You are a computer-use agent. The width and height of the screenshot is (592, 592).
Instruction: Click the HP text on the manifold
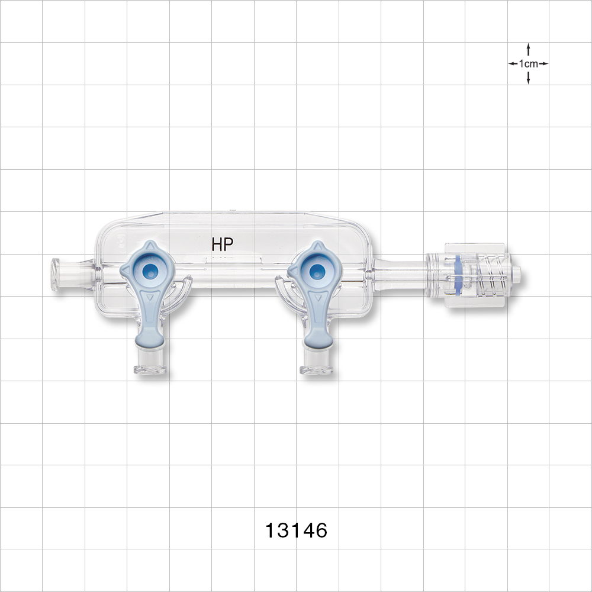[x=223, y=243]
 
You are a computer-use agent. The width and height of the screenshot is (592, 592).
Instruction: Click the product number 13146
[x=296, y=530]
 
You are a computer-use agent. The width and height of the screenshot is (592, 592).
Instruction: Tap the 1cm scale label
[x=528, y=63]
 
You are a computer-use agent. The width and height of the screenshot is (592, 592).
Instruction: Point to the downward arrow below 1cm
[x=528, y=79]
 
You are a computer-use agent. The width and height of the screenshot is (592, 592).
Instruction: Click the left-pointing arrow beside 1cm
[x=513, y=63]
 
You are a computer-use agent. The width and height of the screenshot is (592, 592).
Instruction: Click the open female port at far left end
[x=56, y=274]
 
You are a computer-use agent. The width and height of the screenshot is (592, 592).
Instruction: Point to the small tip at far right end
[x=517, y=274]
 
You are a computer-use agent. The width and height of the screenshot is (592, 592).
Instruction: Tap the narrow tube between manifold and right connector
[x=400, y=274]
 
